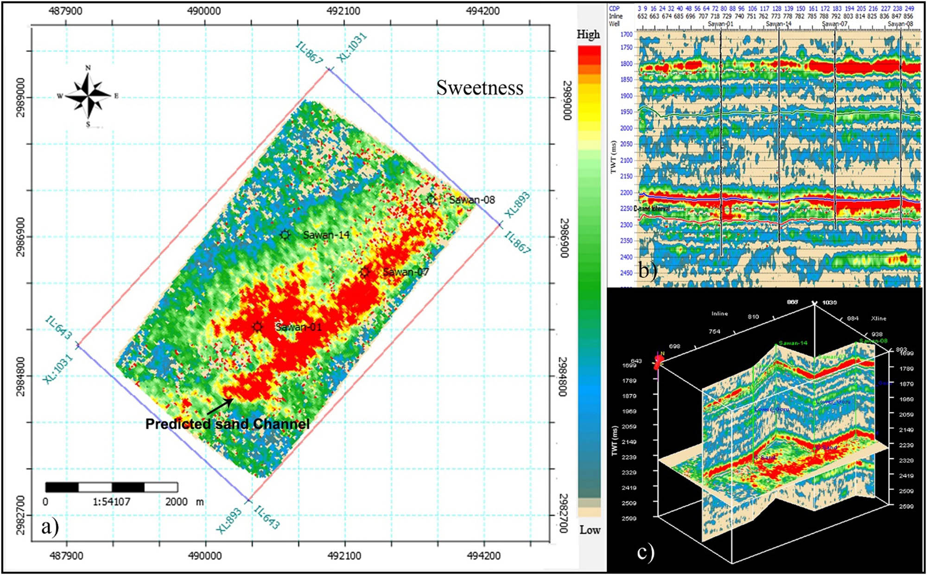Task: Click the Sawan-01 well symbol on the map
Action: point(258,327)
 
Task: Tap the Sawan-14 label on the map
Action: point(326,235)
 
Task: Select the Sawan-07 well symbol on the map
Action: point(365,272)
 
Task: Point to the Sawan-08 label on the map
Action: point(472,200)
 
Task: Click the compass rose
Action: point(88,96)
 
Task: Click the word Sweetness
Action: point(480,88)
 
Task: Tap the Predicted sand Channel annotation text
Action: point(227,424)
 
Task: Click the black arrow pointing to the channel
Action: point(220,406)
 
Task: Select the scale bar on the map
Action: point(112,487)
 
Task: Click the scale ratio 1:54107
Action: point(111,502)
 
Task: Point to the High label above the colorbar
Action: point(588,34)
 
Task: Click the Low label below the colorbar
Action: point(590,530)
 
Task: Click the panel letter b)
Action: point(648,270)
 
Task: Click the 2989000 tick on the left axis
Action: point(21,98)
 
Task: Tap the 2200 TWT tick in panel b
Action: point(626,192)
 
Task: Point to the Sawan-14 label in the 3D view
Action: point(793,343)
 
